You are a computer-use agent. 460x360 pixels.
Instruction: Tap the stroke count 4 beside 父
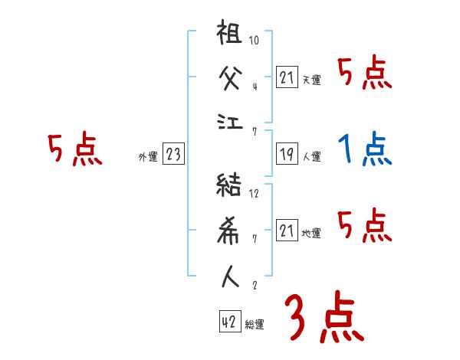point(254,85)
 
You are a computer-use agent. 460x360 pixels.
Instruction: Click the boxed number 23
point(173,155)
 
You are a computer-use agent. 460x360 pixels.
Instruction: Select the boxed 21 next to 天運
point(287,77)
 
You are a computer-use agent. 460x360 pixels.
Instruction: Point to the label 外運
point(148,157)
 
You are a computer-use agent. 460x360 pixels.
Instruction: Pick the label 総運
point(254,325)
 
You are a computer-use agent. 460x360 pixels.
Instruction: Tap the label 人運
point(311,157)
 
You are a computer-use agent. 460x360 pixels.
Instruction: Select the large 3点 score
point(323,318)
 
